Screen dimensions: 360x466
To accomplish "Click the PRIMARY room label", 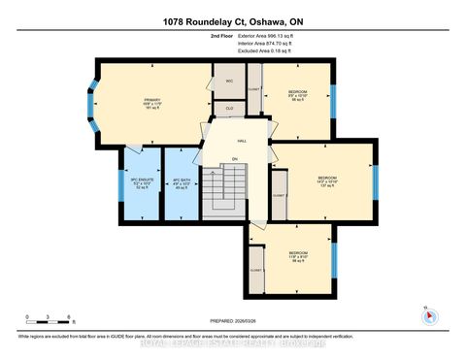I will click(x=151, y=103).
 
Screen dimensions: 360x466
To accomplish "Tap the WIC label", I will click(x=229, y=82).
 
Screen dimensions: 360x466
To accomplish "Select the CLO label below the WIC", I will click(x=229, y=109).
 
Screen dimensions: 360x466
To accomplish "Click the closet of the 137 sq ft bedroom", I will click(x=278, y=195).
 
